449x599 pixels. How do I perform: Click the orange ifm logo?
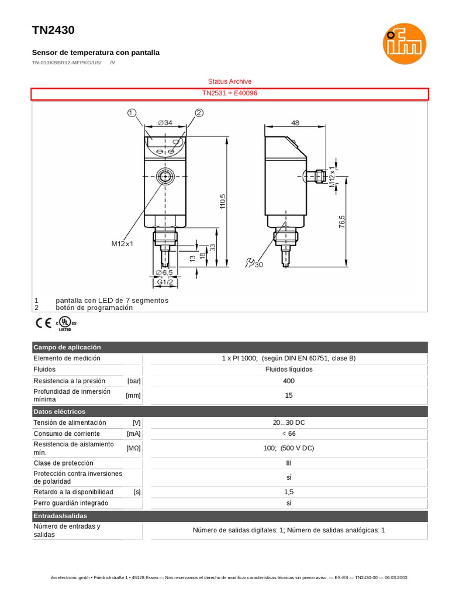point(404,44)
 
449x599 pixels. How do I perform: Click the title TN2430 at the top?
point(53,30)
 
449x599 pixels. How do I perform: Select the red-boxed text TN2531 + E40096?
point(230,94)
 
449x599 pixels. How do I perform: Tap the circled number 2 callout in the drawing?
point(199,113)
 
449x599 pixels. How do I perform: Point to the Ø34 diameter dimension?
point(165,123)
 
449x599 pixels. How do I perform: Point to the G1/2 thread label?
point(165,283)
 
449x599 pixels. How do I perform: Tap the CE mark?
point(43,322)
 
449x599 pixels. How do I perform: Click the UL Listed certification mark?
point(65,324)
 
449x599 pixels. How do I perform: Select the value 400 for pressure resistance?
point(289,381)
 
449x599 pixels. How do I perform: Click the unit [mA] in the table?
point(133,434)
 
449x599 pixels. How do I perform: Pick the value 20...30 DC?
point(289,422)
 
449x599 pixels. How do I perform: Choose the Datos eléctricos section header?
point(59,411)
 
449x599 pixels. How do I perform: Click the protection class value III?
point(289,463)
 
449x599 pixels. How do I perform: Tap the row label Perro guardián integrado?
point(71,503)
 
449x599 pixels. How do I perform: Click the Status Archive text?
point(230,81)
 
